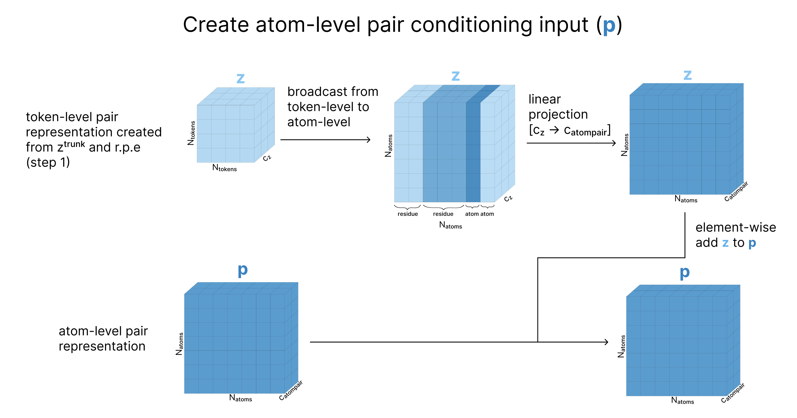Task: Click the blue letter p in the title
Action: pyautogui.click(x=609, y=27)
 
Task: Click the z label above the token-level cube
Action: pyautogui.click(x=240, y=78)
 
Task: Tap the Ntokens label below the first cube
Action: pyautogui.click(x=224, y=168)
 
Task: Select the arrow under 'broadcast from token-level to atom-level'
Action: pyautogui.click(x=325, y=140)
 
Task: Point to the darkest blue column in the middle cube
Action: pyautogui.click(x=473, y=152)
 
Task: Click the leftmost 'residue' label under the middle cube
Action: pyautogui.click(x=408, y=214)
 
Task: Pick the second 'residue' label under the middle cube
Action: pyautogui.click(x=443, y=214)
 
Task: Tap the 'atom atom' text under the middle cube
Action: pyautogui.click(x=479, y=214)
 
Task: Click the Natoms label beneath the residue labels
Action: pyautogui.click(x=450, y=225)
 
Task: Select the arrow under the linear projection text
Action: pyautogui.click(x=571, y=143)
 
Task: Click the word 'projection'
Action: pyautogui.click(x=558, y=115)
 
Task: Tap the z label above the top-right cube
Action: pyautogui.click(x=687, y=75)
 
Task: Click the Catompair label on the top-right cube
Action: pyautogui.click(x=736, y=191)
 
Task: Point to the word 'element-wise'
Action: pyautogui.click(x=736, y=227)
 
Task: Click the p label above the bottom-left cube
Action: pyautogui.click(x=243, y=270)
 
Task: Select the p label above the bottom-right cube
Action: pyautogui.click(x=684, y=272)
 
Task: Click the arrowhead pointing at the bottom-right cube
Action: pyautogui.click(x=606, y=342)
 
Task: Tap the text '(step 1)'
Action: pyautogui.click(x=48, y=162)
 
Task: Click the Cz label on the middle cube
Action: pyautogui.click(x=508, y=198)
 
